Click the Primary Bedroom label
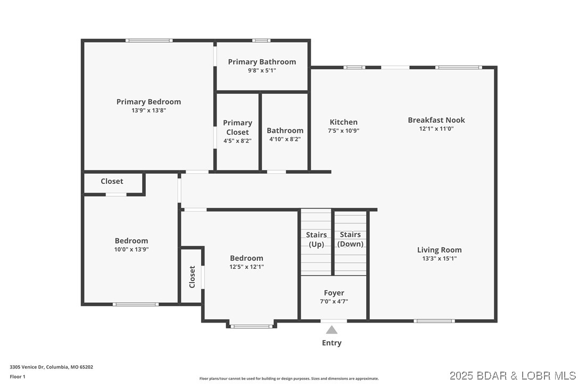click(148, 102)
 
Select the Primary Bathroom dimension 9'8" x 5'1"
click(262, 70)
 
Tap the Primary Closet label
click(237, 127)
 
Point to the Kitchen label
click(343, 122)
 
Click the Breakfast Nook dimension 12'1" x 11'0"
click(436, 128)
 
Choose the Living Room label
click(439, 250)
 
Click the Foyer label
click(334, 293)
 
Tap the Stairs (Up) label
click(316, 239)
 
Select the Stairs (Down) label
click(350, 239)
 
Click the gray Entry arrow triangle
click(332, 330)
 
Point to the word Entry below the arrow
click(332, 343)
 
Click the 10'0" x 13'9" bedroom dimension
click(131, 249)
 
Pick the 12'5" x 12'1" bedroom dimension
click(246, 267)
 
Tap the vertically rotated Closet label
click(192, 277)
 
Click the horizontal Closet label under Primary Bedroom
click(112, 181)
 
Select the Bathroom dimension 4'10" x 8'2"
click(285, 139)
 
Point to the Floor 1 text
click(17, 376)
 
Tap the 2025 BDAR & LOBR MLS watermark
click(513, 375)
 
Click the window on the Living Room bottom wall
click(434, 320)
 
